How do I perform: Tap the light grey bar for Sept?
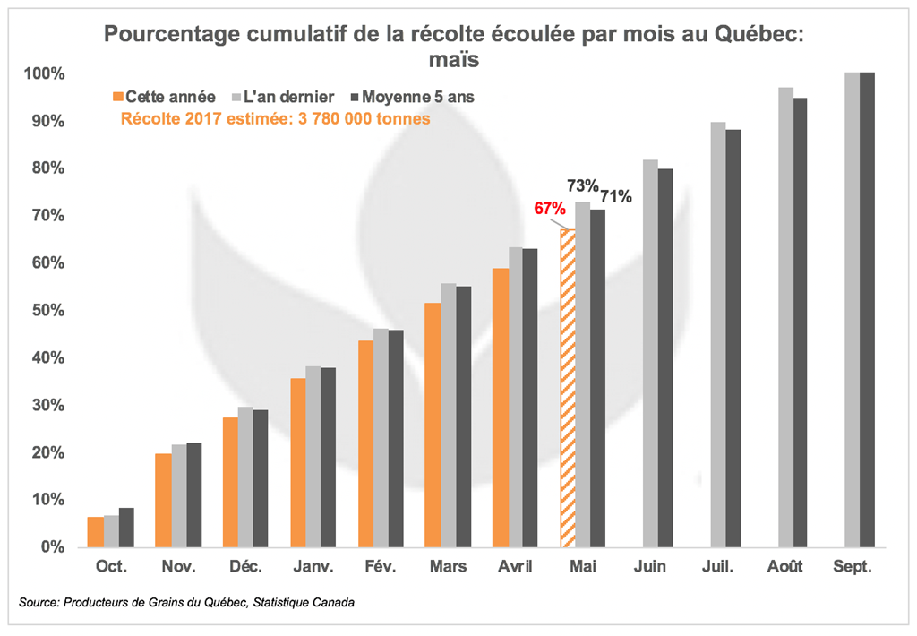[852, 309]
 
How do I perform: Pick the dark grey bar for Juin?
[665, 357]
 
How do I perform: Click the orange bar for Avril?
[500, 408]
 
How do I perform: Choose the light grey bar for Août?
[785, 317]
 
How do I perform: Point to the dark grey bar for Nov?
[194, 494]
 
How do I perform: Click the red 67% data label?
[550, 209]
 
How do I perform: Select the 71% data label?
[616, 195]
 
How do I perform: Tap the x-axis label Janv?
[313, 567]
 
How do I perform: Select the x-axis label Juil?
[718, 567]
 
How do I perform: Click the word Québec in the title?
[752, 35]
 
